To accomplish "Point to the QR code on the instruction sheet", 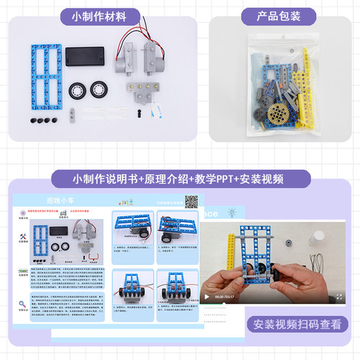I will (x=192, y=202).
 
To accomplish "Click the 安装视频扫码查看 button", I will (x=296, y=323).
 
